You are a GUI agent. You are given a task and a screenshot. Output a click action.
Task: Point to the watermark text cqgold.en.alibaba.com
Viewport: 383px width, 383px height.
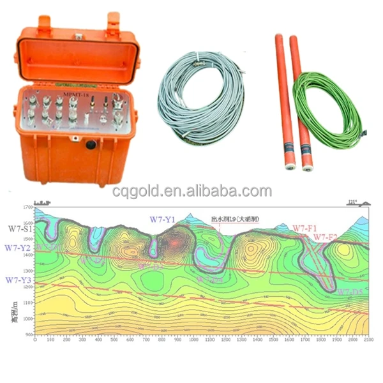click(191, 191)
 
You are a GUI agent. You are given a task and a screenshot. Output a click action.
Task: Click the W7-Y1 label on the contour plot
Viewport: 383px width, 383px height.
click(163, 219)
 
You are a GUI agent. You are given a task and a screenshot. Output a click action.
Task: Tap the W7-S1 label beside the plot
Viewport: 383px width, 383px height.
click(19, 227)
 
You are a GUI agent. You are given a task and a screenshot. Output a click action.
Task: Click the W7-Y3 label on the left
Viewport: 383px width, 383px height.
click(17, 280)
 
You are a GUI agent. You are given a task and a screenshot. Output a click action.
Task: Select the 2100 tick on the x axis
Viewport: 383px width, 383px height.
click(366, 340)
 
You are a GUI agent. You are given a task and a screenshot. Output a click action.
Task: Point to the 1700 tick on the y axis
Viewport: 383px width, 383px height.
click(27, 209)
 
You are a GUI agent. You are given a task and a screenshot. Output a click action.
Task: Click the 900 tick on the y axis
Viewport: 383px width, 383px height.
click(28, 334)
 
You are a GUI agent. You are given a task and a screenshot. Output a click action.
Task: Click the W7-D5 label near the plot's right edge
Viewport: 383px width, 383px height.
click(350, 292)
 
